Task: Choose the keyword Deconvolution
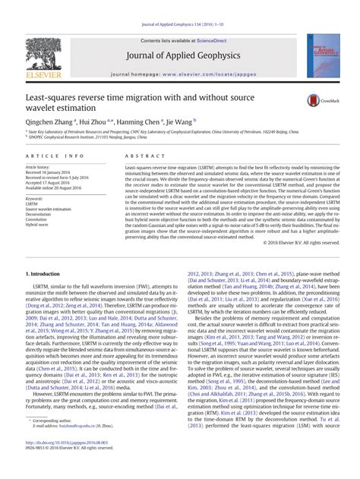coord(40,214)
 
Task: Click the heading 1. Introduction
coord(44,273)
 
